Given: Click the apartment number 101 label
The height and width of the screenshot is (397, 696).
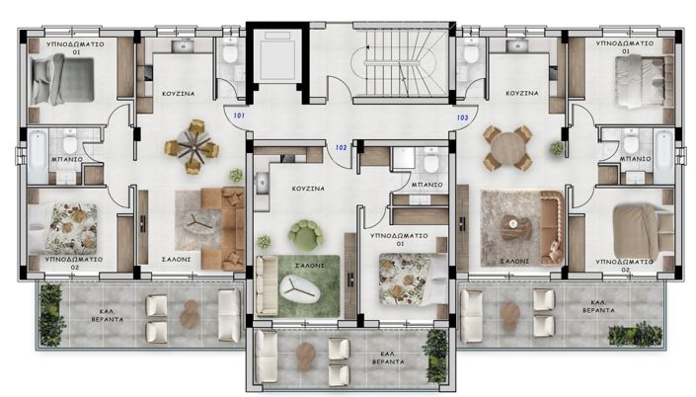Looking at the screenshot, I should click(239, 116).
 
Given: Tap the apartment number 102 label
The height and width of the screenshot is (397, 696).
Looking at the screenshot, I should click(341, 147).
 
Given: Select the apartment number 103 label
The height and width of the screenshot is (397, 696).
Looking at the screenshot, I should click(462, 117).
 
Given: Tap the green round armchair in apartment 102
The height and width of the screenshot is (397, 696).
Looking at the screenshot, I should click(305, 235).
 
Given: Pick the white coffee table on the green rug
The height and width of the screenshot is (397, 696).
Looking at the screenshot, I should click(298, 287).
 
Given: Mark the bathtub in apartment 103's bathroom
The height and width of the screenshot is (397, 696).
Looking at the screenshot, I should click(661, 149).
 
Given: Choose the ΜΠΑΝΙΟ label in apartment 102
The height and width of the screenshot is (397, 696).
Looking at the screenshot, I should click(426, 185).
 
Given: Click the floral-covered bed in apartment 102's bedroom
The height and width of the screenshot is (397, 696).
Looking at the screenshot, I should click(409, 273).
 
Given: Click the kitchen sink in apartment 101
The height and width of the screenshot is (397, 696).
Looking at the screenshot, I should click(183, 45).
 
